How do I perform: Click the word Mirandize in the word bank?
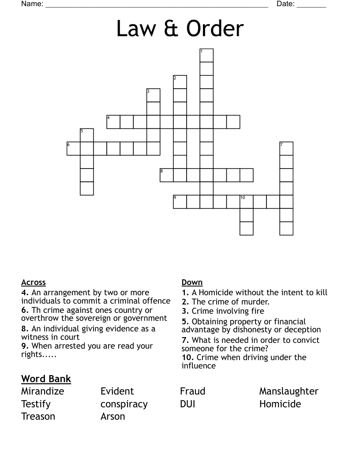[42, 391]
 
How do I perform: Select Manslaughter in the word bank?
[289, 391]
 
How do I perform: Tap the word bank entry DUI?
[187, 404]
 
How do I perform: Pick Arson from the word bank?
[112, 416]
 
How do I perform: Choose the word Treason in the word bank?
[38, 416]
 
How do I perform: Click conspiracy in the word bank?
[124, 404]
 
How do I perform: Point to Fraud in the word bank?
[192, 391]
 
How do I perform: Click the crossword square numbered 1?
[206, 56]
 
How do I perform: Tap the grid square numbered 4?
[113, 122]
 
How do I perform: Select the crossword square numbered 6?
[74, 148]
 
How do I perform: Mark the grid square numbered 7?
[286, 148]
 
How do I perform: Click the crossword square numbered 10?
[246, 202]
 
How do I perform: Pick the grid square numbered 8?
[166, 175]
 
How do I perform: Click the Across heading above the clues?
[33, 282]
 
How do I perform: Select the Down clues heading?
[192, 282]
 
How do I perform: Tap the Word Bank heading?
[46, 379]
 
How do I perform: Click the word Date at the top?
[285, 4]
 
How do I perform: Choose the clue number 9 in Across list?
[24, 346]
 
